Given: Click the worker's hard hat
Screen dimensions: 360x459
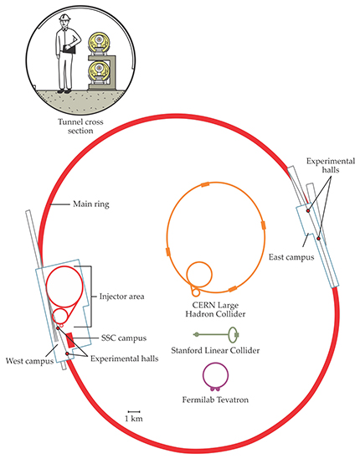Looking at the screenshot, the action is coord(65,18).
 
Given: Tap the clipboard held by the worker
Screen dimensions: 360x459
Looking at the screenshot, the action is coord(69,49).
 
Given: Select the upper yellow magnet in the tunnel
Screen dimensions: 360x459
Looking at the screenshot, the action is coord(100,41).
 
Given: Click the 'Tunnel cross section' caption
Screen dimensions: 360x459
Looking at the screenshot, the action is coord(80,126).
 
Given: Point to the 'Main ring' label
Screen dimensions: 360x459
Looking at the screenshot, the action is coord(91,204).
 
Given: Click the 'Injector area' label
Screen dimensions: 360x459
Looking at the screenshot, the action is coord(121,297).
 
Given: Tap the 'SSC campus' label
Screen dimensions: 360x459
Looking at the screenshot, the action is coord(124,338).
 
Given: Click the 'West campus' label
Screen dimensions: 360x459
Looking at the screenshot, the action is coord(29,361).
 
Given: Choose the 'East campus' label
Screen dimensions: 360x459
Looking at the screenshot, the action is coord(291,257).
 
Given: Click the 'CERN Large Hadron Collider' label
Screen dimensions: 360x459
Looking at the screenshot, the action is coord(215,310).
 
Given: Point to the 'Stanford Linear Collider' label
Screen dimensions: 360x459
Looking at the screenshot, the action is coord(215,350).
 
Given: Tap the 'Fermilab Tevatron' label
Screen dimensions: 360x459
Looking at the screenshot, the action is coord(215,400).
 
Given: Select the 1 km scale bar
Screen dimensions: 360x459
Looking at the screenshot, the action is coord(134,412).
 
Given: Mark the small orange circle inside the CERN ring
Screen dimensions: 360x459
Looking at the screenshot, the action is coord(187,274).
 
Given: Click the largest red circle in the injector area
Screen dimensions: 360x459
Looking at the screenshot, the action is coord(46,286).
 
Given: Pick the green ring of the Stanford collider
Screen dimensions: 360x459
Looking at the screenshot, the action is coord(229,335).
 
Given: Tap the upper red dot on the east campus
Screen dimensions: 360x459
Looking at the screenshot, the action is coord(308,211).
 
